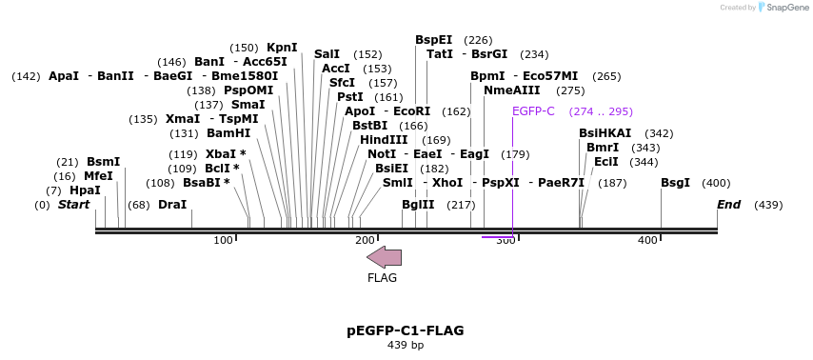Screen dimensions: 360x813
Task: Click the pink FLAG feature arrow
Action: click(x=384, y=257)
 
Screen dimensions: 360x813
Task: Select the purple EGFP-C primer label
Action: click(x=533, y=111)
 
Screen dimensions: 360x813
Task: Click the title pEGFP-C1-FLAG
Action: click(x=406, y=330)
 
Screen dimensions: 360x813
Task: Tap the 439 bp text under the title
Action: click(x=406, y=345)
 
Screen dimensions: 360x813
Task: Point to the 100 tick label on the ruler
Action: click(x=223, y=241)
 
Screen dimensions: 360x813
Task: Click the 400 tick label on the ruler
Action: click(x=647, y=241)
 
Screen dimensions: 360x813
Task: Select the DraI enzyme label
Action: click(x=172, y=205)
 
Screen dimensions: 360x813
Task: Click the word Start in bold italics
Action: click(x=73, y=205)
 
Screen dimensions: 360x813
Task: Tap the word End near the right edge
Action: click(x=728, y=205)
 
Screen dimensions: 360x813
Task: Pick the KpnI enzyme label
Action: click(x=282, y=48)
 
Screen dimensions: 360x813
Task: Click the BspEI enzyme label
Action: click(x=434, y=40)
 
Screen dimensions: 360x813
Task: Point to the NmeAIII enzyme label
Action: click(x=511, y=90)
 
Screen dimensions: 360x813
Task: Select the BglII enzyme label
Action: click(x=418, y=205)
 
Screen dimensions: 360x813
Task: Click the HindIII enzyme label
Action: click(x=384, y=140)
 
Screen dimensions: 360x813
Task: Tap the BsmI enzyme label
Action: click(x=104, y=162)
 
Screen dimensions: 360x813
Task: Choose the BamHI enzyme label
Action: click(x=228, y=133)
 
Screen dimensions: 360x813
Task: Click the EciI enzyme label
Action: click(x=606, y=162)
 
